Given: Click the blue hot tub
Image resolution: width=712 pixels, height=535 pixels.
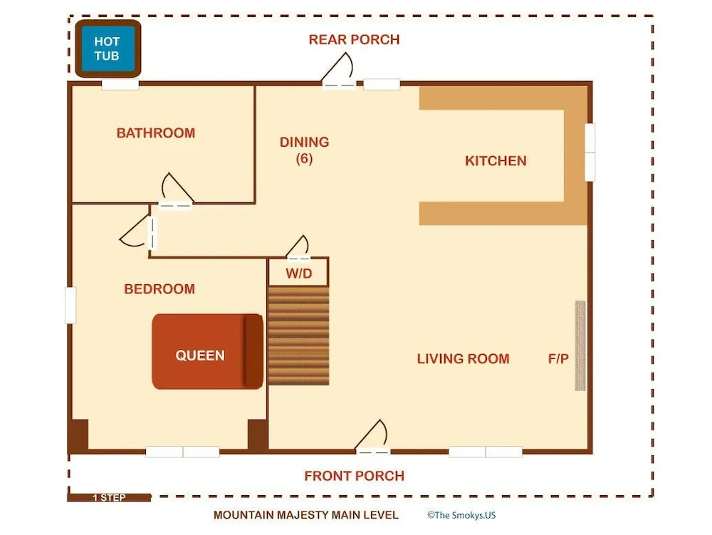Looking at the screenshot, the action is coord(108,48).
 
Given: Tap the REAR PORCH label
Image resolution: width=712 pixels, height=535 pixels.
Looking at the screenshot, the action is coord(354,40).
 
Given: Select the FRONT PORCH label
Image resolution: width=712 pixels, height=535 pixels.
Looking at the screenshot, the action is coord(354,476).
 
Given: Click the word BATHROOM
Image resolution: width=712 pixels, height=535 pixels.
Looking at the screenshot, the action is coord(156,133).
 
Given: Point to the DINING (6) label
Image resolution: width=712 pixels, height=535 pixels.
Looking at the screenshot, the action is coord(304,150).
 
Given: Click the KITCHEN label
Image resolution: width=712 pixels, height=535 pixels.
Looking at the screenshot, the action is coord(496,161).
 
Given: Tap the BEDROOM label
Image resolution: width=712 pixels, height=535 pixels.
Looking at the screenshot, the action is coord(159,289).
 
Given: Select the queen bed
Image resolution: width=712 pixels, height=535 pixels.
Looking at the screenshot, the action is coord(207,351).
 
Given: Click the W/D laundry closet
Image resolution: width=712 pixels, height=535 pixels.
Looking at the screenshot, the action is coord(298,272).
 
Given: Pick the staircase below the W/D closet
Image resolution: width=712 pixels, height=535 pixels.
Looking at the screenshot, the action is coord(298,336).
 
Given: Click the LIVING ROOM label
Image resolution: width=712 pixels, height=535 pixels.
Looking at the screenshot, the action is coord(464,359).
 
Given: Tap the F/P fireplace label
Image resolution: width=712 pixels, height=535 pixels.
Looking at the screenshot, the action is coord(558,359).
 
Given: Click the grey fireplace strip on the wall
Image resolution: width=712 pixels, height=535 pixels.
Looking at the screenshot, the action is coord(580,346).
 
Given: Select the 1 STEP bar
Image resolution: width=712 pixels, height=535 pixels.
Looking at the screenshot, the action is coord(109,498).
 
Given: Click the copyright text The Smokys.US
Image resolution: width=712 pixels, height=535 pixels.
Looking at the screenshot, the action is coord(461,515).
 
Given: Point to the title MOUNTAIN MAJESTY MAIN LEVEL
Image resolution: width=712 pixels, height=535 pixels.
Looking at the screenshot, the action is coord(305,515).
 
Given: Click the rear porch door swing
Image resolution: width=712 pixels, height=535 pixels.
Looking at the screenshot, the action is coord(338,71).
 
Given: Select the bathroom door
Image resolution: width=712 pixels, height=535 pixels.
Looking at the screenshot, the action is coord(176,191).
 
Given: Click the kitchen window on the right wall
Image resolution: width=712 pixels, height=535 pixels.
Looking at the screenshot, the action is coord(590,152).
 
